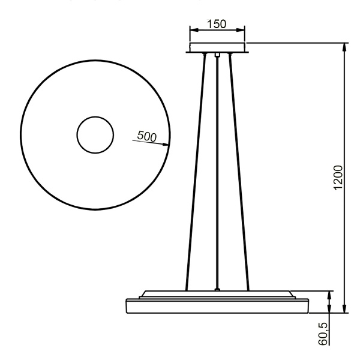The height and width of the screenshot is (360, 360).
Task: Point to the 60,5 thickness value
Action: pyautogui.click(x=324, y=333)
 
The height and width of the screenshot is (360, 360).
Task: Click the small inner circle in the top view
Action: pyautogui.click(x=94, y=134)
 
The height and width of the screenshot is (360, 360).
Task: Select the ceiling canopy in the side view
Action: pyautogui.click(x=217, y=48)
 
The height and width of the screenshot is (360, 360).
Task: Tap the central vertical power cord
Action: pyautogui.click(x=217, y=174)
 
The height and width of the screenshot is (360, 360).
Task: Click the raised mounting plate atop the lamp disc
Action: pyautogui.click(x=217, y=295)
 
